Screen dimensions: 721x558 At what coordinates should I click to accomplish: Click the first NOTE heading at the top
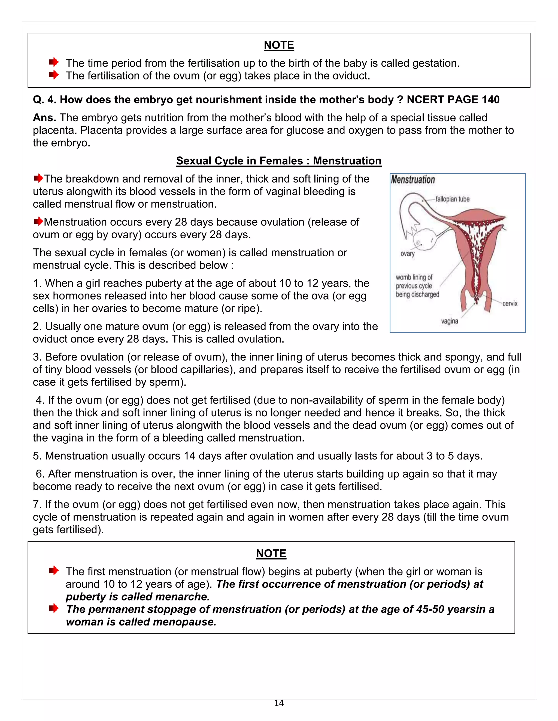[x=279, y=45]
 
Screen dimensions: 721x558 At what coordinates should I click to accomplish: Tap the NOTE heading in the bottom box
[x=271, y=553]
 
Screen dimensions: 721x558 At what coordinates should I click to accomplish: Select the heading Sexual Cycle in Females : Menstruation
[x=279, y=161]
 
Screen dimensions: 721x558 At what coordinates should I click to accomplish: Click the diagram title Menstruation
[x=413, y=180]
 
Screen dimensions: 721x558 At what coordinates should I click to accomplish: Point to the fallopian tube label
[x=452, y=199]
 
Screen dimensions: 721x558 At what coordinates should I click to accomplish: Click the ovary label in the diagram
[x=407, y=254]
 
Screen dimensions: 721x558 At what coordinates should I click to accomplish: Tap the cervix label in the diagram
[x=510, y=303]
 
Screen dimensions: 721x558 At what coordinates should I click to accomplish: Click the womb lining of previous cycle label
[x=417, y=286]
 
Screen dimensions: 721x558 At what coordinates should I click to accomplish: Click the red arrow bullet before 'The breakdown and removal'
[x=38, y=178]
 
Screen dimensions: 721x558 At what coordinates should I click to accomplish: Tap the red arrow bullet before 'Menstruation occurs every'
[x=38, y=221]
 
